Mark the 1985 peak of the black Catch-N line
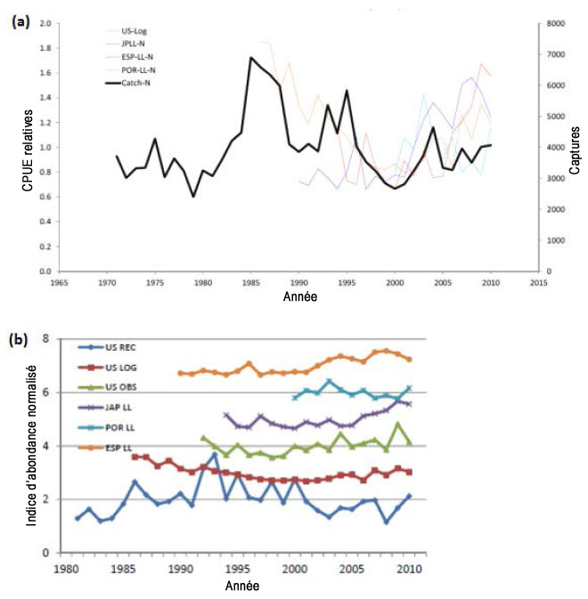[x=251, y=58]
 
